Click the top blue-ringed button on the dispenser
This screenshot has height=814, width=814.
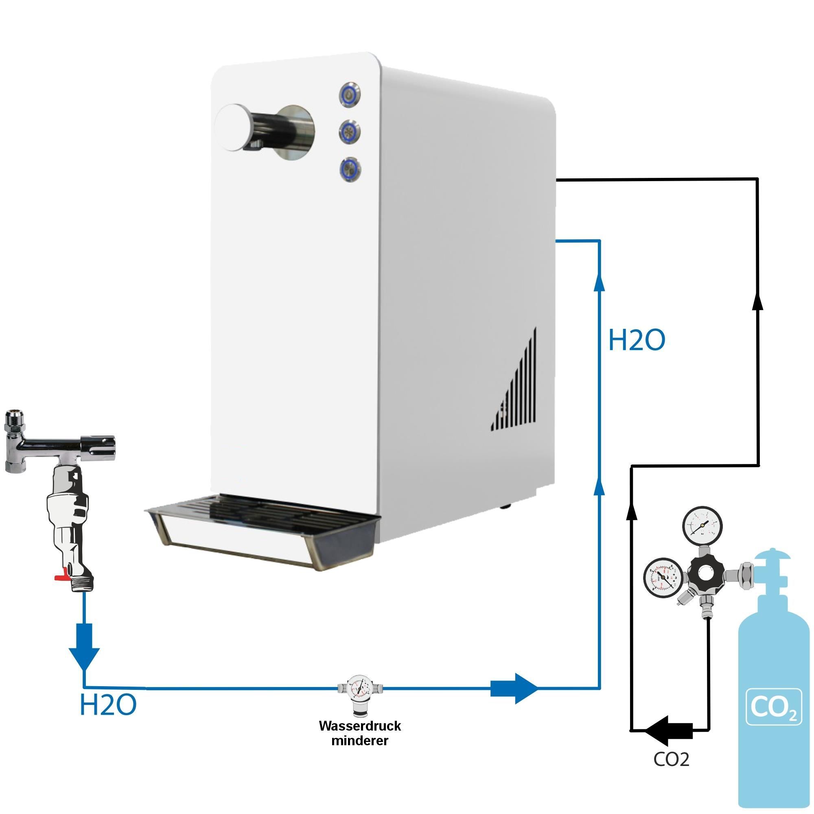(x=350, y=96)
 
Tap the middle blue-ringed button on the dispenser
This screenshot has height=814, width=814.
(x=350, y=131)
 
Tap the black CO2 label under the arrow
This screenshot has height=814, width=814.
(x=671, y=759)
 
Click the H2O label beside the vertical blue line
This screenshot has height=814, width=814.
(x=637, y=340)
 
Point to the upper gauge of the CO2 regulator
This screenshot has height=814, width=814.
(x=702, y=527)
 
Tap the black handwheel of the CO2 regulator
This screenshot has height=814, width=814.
(x=706, y=573)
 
